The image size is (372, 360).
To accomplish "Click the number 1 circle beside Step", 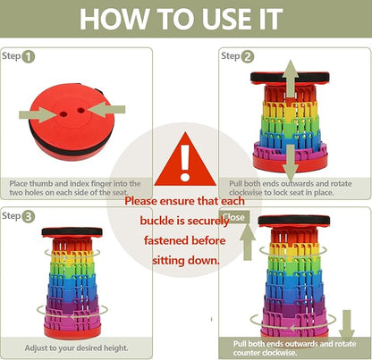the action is [x=29, y=56].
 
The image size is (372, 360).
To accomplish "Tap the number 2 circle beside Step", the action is [x=248, y=56].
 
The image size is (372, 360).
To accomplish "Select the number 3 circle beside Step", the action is [x=29, y=217].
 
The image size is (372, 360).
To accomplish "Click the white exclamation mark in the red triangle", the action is [x=185, y=163].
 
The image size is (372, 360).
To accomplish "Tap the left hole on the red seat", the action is [x=63, y=113].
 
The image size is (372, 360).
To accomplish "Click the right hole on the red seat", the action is [x=80, y=111].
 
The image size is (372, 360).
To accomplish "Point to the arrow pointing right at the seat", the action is [x=38, y=114].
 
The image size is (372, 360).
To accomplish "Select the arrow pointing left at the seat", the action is [x=107, y=110].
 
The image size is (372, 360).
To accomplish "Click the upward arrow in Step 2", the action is [x=291, y=79].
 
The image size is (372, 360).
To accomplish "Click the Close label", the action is [x=233, y=217].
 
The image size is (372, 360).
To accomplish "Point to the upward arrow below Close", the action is [x=248, y=242].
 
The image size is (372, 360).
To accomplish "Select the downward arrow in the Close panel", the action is [x=347, y=325].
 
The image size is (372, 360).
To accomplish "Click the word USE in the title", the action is [x=227, y=19].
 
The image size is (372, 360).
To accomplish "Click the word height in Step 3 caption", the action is [x=115, y=347].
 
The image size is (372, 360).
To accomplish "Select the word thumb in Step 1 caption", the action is [x=41, y=183].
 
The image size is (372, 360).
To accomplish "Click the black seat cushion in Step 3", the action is [x=72, y=232].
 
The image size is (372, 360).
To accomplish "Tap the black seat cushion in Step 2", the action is [x=290, y=78].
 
